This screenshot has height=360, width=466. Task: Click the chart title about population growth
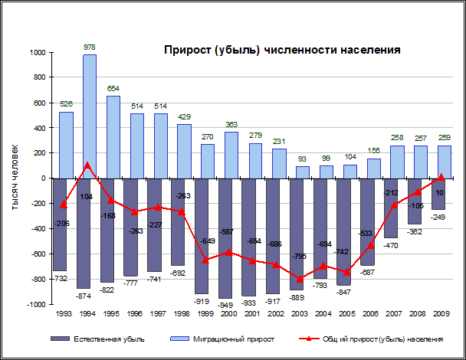[283, 51]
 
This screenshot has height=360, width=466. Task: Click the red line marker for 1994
[89, 165]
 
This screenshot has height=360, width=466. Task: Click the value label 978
[89, 47]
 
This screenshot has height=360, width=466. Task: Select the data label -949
[225, 304]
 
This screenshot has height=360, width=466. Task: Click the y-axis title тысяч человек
[15, 177]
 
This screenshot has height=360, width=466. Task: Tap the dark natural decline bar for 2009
[438, 194]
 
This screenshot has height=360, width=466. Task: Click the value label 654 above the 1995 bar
[113, 89]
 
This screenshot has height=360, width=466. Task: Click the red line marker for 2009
[438, 177]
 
